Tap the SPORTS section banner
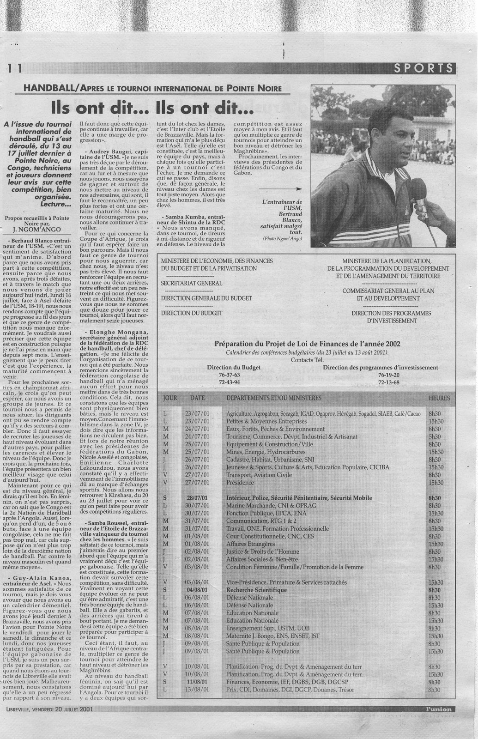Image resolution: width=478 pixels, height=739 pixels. [x=424, y=68]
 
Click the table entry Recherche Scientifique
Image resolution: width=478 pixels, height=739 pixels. [x=256, y=590]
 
